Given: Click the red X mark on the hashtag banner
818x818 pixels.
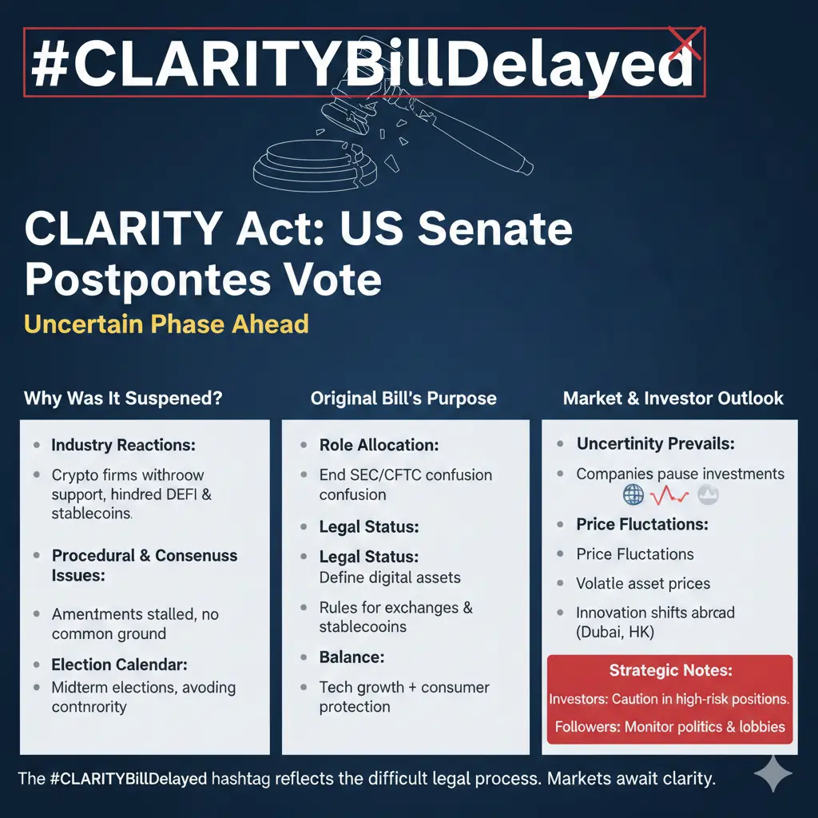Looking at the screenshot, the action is tap(685, 44).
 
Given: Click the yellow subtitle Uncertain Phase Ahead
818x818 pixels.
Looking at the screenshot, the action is tap(166, 324).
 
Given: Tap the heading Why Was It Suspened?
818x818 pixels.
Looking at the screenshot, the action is tap(123, 398).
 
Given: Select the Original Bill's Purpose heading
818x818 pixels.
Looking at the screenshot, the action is tap(403, 398).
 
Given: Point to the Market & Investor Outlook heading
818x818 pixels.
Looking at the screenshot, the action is tap(673, 398).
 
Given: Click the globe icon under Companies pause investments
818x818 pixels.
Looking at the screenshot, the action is tap(633, 494).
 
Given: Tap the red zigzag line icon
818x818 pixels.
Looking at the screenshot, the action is tap(669, 495).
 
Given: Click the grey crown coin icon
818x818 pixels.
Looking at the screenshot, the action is tap(708, 494).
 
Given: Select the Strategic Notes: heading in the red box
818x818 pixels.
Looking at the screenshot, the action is tap(670, 670).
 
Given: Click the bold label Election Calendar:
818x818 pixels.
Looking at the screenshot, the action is tap(119, 664).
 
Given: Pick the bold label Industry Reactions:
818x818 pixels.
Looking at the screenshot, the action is tap(123, 445).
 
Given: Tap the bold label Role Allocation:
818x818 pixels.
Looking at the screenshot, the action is tap(379, 445).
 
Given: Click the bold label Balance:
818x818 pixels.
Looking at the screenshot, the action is tap(351, 657).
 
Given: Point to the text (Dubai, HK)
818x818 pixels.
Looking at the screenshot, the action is tap(614, 632).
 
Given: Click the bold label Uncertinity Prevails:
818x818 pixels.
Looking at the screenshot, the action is tap(655, 443).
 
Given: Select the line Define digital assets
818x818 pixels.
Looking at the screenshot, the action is tap(390, 578).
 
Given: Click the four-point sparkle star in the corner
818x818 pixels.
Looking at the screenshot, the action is tap(773, 773).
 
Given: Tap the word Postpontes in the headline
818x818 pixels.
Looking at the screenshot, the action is tap(148, 280).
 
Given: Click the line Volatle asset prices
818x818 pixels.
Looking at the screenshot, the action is tap(643, 583).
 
